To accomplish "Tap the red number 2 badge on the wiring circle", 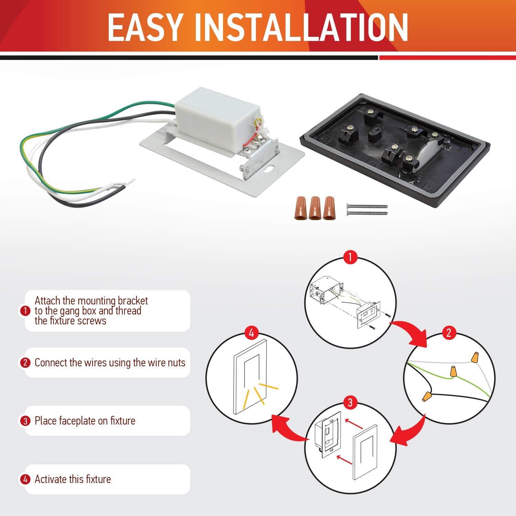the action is pos(449,333).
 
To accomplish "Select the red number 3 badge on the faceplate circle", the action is pos(350,402).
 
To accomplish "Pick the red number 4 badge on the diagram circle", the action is pos(251,333).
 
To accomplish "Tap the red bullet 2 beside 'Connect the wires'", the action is pos(25,363).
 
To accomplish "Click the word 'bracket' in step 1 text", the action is pos(133,301).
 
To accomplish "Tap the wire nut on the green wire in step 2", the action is pos(454,371).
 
